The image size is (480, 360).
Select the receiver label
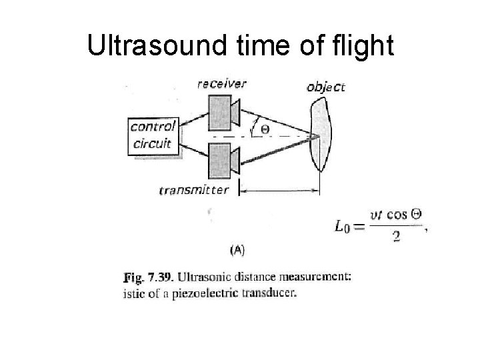(x=221, y=83)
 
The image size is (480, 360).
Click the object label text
(x=326, y=87)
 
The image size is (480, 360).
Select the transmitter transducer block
(x=219, y=161)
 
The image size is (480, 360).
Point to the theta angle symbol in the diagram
(x=265, y=128)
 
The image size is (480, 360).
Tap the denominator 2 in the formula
(x=396, y=238)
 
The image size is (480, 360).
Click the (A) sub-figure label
(x=237, y=251)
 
